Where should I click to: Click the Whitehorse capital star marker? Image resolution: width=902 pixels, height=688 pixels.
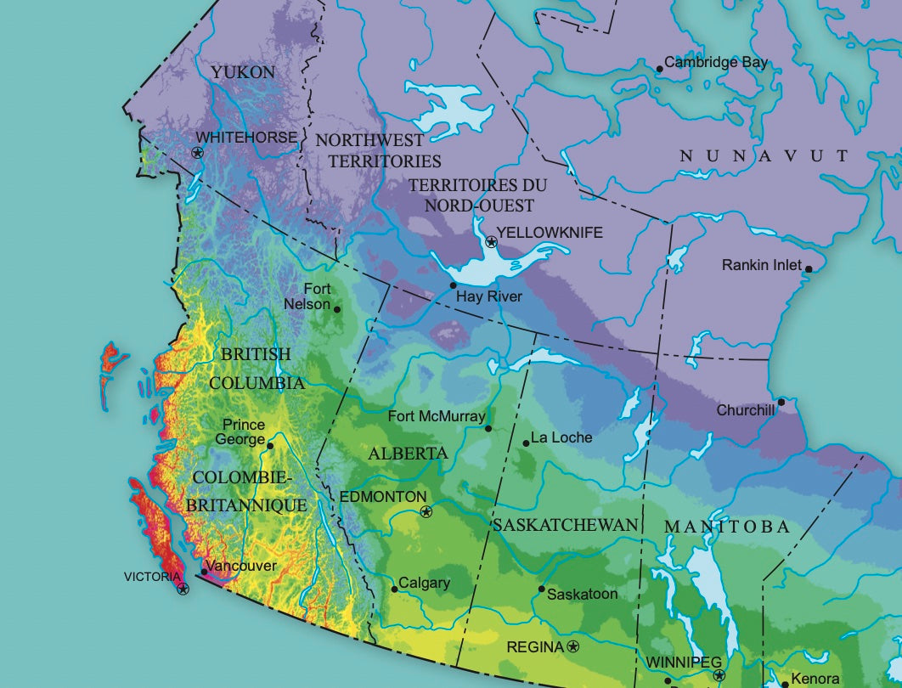click(x=198, y=153)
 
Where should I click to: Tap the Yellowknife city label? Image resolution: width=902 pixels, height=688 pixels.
click(x=550, y=232)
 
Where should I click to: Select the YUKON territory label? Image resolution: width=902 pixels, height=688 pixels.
click(x=243, y=72)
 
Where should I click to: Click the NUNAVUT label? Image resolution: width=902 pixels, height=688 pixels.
click(x=764, y=155)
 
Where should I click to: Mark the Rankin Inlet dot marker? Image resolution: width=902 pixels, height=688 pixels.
click(x=808, y=269)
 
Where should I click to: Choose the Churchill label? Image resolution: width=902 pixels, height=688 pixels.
click(x=746, y=409)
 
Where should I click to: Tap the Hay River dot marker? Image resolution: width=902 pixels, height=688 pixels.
click(x=453, y=285)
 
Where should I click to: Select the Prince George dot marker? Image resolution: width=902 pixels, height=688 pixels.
click(x=270, y=445)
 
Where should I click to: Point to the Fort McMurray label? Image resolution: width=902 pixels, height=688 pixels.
click(x=436, y=416)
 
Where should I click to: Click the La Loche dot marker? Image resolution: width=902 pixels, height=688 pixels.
click(x=525, y=442)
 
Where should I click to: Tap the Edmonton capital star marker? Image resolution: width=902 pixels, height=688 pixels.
click(x=426, y=511)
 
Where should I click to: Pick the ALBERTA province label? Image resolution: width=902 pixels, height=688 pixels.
click(x=408, y=454)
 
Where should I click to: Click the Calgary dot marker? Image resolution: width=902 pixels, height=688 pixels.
click(x=394, y=589)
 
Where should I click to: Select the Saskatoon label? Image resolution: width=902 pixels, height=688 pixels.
click(x=582, y=594)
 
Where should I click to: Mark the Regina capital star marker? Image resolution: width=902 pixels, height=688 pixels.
click(x=573, y=647)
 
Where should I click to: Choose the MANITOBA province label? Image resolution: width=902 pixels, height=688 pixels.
click(x=726, y=527)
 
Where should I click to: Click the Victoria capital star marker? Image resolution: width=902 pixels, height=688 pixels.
click(x=183, y=589)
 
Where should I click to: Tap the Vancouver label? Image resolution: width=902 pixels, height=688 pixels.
click(x=241, y=566)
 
